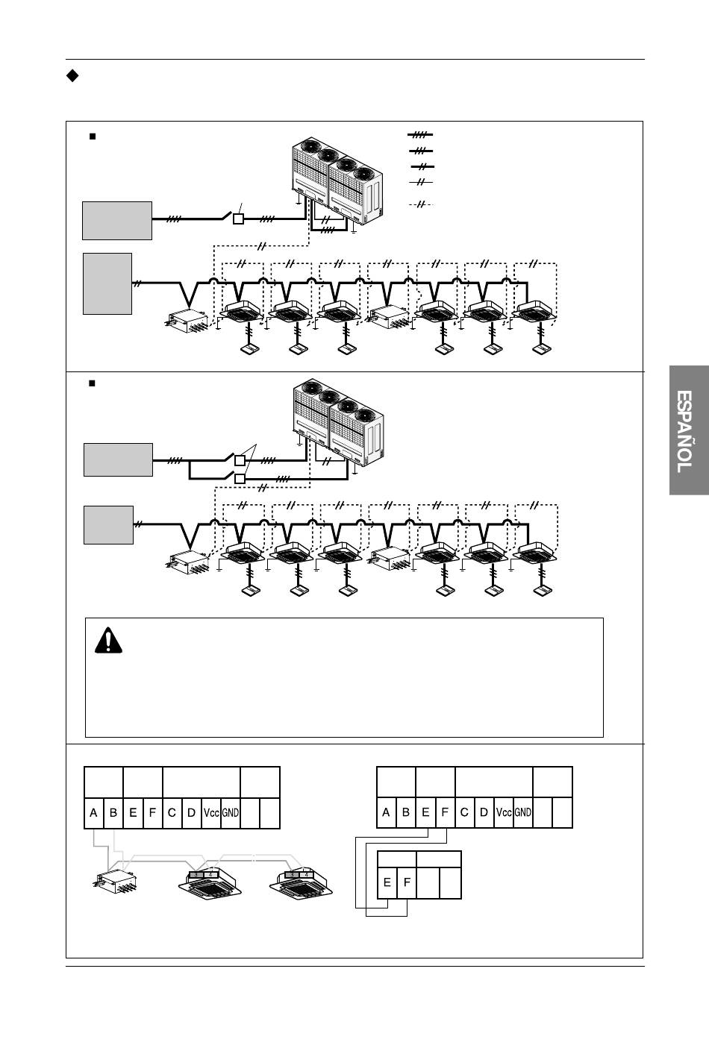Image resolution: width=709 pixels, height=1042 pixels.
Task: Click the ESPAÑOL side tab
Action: (x=688, y=430)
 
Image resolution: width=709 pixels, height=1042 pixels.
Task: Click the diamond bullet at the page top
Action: (x=72, y=75)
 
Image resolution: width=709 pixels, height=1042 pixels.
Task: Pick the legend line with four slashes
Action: (x=421, y=136)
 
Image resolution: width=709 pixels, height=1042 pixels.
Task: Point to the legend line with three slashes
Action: (x=421, y=151)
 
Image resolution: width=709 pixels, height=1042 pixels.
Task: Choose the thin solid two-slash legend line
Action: (x=421, y=182)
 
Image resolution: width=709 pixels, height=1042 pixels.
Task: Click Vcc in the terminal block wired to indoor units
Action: (x=211, y=813)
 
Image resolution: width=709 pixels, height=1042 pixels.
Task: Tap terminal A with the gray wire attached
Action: (x=94, y=813)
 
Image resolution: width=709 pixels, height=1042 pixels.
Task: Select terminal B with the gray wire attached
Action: (x=113, y=813)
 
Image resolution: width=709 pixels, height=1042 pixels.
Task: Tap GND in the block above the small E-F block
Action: (x=523, y=813)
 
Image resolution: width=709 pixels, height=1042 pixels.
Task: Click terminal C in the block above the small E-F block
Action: (x=464, y=813)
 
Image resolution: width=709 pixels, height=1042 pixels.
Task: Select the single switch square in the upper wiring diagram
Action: (x=238, y=219)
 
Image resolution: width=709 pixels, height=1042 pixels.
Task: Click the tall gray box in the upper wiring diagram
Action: (x=108, y=283)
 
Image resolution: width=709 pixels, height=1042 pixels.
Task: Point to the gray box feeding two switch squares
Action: (x=118, y=459)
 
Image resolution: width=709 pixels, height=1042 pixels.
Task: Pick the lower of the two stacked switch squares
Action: (x=240, y=478)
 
